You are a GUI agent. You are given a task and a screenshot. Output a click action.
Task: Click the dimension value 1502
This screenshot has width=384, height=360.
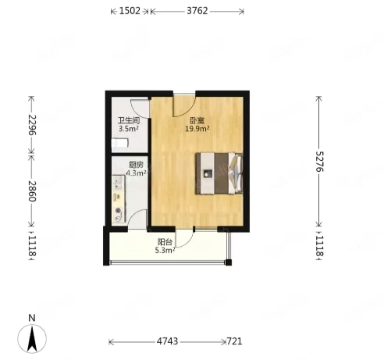click(130, 11)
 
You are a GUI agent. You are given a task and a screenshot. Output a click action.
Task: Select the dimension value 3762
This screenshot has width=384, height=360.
click(197, 11)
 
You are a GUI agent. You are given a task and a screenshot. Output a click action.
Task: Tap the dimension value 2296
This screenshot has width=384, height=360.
click(32, 125)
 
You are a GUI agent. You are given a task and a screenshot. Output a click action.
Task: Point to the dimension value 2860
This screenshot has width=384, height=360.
click(32, 191)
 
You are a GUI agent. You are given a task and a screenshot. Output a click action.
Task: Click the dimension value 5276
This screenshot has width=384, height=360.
click(319, 162)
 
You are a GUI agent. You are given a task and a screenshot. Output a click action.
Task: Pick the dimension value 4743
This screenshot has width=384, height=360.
click(167, 341)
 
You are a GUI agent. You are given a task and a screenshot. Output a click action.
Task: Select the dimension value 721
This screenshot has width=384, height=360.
click(234, 341)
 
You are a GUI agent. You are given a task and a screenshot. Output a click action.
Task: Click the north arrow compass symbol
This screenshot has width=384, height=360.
click(32, 339)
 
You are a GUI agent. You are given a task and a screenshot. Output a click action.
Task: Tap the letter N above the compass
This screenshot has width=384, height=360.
click(32, 318)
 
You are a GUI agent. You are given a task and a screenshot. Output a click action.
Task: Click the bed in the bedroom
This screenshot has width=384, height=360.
click(219, 173)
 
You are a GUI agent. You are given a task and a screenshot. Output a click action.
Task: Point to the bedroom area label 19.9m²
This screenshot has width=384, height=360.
click(197, 129)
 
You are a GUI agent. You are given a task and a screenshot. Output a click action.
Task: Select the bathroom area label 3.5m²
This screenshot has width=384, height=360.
click(128, 129)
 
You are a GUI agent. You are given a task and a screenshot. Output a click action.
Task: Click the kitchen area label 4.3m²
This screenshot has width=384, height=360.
click(136, 173)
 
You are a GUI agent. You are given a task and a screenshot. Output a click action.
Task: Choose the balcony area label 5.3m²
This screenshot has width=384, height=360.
click(165, 251)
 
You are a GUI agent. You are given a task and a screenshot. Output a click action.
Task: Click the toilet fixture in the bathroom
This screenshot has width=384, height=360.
click(120, 143)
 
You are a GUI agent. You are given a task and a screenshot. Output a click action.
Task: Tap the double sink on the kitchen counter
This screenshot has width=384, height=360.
click(119, 183)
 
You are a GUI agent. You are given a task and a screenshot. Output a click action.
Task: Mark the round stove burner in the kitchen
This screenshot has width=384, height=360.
click(119, 210)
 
